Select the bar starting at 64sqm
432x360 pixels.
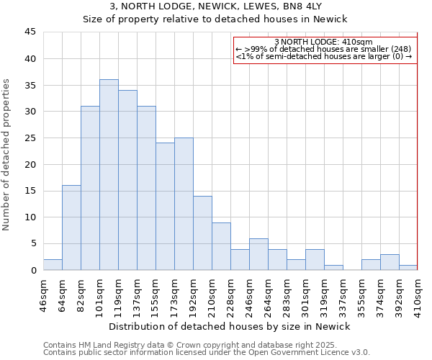71,228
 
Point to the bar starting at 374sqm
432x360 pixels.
390,262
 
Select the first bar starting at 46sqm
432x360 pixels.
53,265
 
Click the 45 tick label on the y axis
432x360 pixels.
30,32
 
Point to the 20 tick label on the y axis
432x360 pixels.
30,164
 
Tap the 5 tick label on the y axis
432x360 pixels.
33,244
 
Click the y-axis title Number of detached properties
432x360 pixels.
7,155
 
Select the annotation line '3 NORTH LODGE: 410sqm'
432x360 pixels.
323,42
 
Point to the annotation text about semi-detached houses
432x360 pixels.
323,56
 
